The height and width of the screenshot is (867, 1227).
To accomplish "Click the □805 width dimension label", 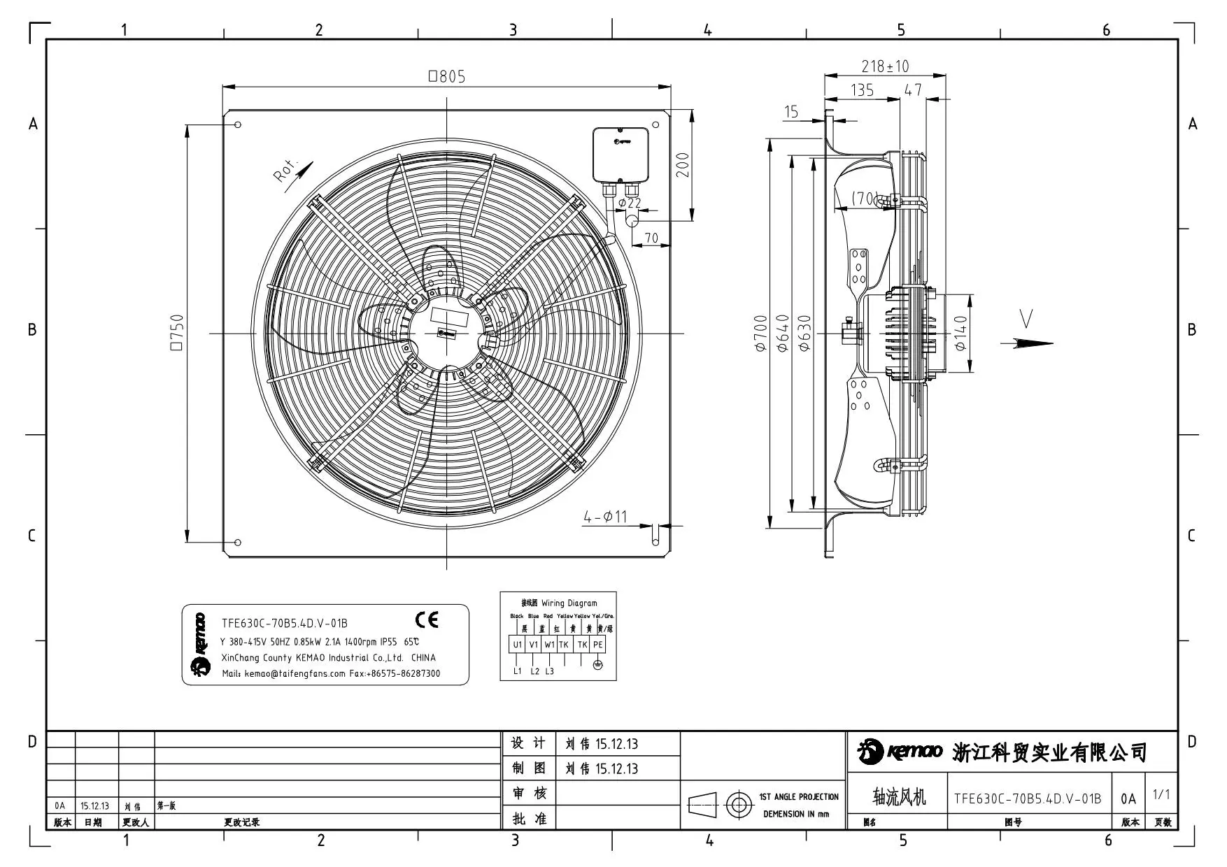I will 447,76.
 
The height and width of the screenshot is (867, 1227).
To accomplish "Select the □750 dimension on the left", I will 176,332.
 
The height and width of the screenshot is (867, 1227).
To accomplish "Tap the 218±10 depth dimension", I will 885,66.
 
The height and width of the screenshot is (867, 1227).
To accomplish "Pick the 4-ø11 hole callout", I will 606,517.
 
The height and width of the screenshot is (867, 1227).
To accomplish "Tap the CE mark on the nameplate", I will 427,619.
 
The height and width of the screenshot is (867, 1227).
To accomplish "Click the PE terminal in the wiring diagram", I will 597,645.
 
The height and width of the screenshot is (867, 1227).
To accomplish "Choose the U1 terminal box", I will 517,645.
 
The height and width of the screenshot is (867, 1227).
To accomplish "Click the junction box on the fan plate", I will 621,154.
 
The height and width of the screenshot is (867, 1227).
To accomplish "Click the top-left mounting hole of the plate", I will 238,124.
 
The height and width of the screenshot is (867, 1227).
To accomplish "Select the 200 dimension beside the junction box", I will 683,165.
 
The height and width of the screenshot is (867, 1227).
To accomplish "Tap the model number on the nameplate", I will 285,623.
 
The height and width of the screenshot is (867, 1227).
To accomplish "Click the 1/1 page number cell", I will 1161,794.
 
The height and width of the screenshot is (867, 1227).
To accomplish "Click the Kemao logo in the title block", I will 900,752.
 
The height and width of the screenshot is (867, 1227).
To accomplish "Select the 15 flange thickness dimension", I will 791,112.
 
